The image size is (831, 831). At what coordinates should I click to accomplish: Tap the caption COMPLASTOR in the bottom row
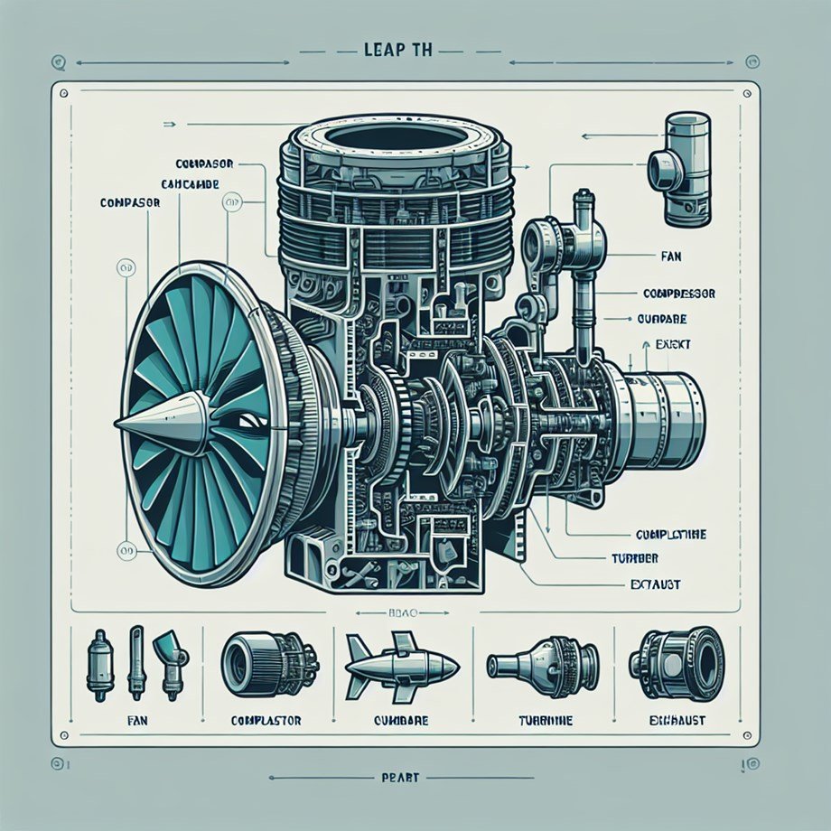[x=266, y=721]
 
